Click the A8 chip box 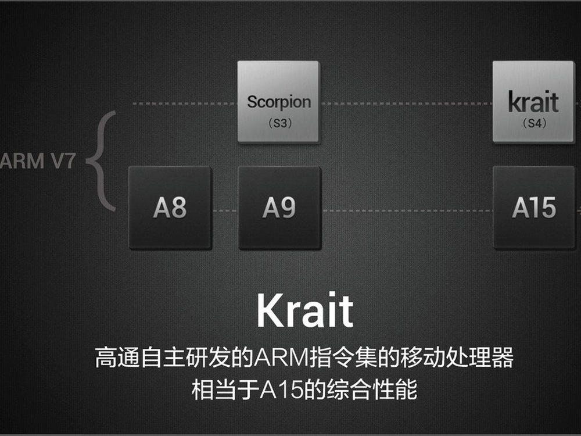[x=170, y=208]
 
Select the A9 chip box [x=280, y=208]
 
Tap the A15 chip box [x=535, y=208]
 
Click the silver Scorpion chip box [x=279, y=102]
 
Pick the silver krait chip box [x=534, y=102]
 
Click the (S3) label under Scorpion [x=280, y=123]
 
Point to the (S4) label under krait [x=535, y=123]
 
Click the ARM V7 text [x=38, y=161]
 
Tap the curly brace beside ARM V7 [x=100, y=161]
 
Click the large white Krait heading [x=305, y=310]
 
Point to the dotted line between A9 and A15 [x=407, y=210]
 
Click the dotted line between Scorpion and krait [x=407, y=103]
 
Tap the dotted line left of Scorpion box [x=185, y=103]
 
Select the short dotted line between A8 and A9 [x=225, y=210]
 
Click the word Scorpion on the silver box [x=279, y=102]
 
